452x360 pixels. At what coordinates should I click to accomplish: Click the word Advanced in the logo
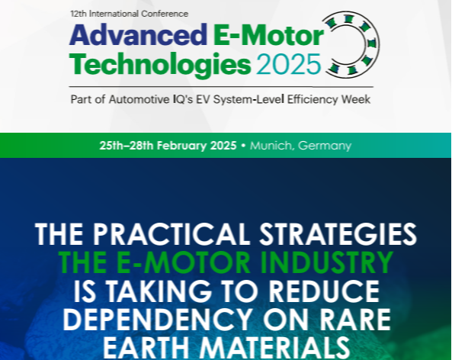click(138, 35)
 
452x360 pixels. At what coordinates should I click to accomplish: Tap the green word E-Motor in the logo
click(268, 35)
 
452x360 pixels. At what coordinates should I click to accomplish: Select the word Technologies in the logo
click(160, 65)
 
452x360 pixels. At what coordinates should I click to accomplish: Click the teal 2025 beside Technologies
click(289, 64)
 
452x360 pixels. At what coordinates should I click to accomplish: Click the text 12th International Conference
click(130, 14)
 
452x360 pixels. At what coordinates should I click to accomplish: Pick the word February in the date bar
click(182, 146)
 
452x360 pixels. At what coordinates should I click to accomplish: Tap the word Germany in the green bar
click(325, 146)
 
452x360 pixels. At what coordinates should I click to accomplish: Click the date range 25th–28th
click(127, 146)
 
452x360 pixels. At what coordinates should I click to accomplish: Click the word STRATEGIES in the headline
click(338, 234)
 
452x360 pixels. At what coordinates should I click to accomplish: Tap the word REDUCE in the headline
click(324, 291)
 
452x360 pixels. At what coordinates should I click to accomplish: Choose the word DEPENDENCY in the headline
click(157, 320)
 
